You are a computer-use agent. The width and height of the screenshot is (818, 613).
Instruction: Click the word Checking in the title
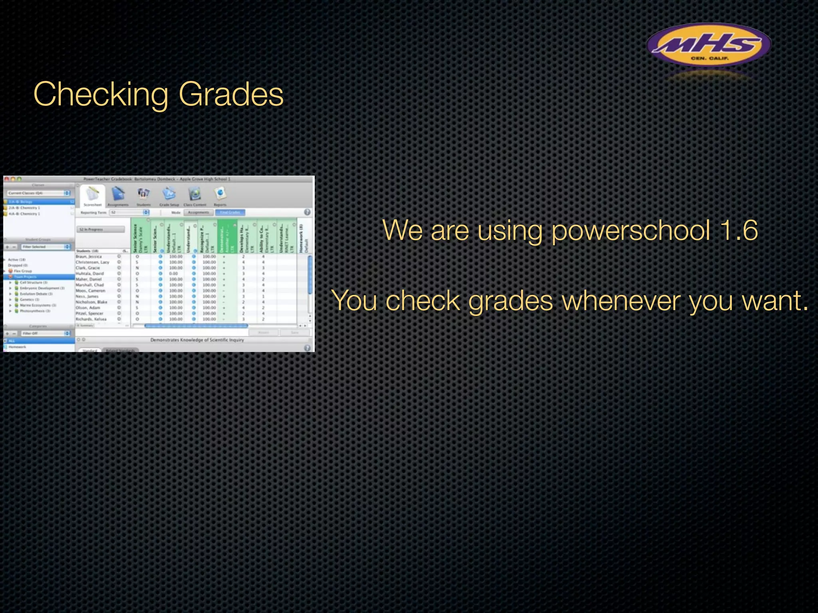101,95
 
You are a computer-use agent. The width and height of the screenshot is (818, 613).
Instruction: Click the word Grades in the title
231,95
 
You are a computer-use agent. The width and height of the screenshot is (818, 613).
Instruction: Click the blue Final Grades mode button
230,212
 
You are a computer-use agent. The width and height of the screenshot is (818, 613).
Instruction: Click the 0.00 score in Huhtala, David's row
174,274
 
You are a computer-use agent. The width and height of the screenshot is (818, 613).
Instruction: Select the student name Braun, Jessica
89,257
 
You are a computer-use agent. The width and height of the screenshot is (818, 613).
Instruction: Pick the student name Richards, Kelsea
91,319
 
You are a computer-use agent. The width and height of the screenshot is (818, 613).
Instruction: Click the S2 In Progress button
100,229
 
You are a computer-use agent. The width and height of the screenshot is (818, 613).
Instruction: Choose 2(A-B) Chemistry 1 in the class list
25,208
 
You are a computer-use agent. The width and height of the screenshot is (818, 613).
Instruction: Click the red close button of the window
6,179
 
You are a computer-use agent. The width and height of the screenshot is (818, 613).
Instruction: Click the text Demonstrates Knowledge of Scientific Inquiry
197,340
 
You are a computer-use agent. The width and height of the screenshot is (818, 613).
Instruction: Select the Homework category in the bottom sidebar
18,347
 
